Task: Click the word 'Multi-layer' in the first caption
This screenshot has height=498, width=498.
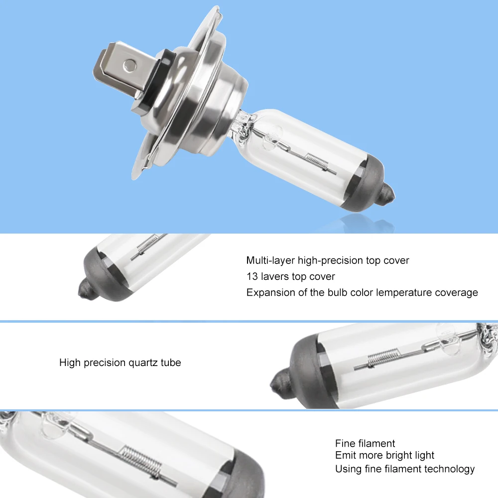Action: pyautogui.click(x=270, y=260)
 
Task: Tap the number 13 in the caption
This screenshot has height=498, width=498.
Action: pyautogui.click(x=251, y=276)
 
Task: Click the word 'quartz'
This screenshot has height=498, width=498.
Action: pyautogui.click(x=141, y=363)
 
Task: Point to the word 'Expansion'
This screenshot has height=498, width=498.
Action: pyautogui.click(x=270, y=292)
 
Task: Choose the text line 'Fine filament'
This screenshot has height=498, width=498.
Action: pyautogui.click(x=365, y=443)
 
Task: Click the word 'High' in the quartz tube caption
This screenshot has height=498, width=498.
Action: pyautogui.click(x=70, y=363)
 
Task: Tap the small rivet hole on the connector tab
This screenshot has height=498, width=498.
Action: pyautogui.click(x=130, y=64)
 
